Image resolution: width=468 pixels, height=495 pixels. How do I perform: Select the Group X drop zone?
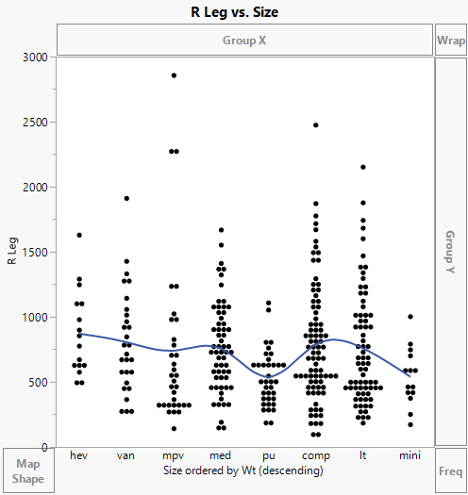[x=244, y=41]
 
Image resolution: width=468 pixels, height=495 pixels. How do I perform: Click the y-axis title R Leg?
[x=12, y=252]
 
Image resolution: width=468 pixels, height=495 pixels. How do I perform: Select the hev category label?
[x=79, y=455]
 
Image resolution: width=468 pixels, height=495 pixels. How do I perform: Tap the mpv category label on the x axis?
[x=174, y=455]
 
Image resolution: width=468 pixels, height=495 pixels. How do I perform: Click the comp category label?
[x=315, y=455]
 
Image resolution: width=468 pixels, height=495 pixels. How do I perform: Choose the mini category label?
[x=409, y=455]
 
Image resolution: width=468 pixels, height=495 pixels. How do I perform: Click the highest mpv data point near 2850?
[x=174, y=75]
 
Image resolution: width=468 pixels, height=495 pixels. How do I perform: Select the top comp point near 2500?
[x=315, y=124]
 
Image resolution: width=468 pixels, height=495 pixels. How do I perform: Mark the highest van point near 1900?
[x=126, y=198]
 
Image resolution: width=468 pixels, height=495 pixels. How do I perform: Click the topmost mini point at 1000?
[x=409, y=317]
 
